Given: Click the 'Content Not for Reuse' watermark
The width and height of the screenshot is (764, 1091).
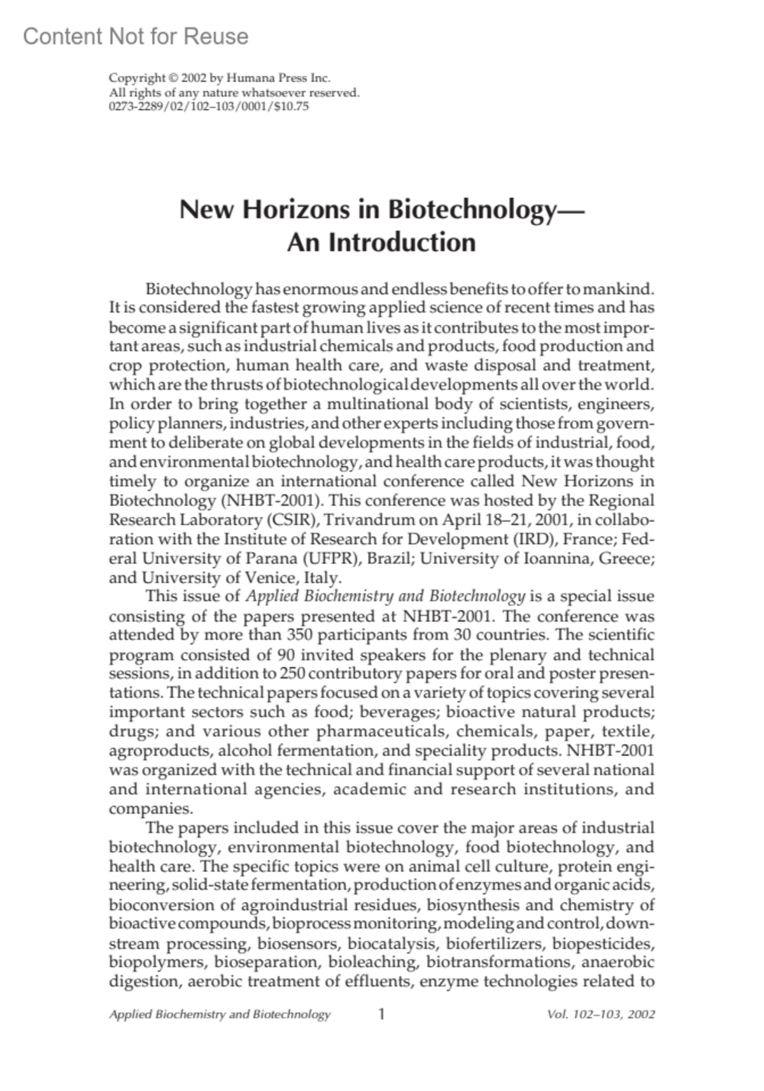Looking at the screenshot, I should (x=136, y=37).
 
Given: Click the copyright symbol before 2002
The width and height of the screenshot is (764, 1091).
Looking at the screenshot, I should (x=172, y=78).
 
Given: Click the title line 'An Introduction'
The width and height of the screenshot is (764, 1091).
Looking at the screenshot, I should (x=381, y=243).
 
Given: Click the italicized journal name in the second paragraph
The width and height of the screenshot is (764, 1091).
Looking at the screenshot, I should (x=385, y=596).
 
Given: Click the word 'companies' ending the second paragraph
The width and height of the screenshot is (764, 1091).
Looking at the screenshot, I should (x=149, y=809).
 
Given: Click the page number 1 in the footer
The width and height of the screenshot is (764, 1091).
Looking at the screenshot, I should (x=381, y=1014).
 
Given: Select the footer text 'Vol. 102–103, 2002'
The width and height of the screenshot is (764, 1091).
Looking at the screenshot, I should (x=600, y=1015).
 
